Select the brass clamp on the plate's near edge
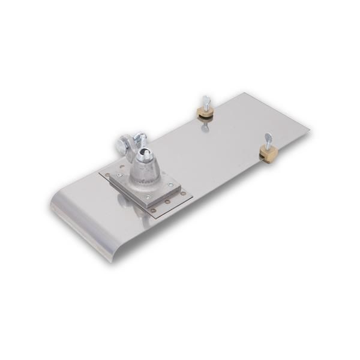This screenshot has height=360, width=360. click(268, 154)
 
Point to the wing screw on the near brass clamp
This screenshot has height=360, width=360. click(268, 140)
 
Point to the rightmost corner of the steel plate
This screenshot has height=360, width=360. click(310, 128)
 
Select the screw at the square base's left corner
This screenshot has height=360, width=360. click(119, 175)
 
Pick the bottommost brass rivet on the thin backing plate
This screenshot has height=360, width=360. click(153, 210)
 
